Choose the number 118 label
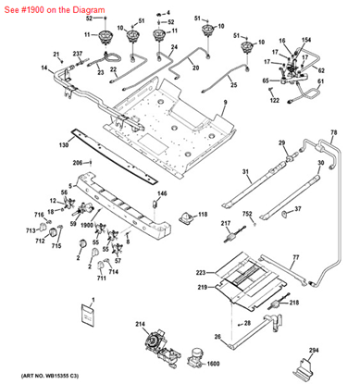click(203, 216)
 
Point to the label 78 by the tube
click(333, 134)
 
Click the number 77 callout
click(295, 257)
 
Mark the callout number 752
click(247, 214)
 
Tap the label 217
click(225, 224)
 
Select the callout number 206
click(80, 163)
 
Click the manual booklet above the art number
click(89, 313)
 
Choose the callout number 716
click(41, 214)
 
